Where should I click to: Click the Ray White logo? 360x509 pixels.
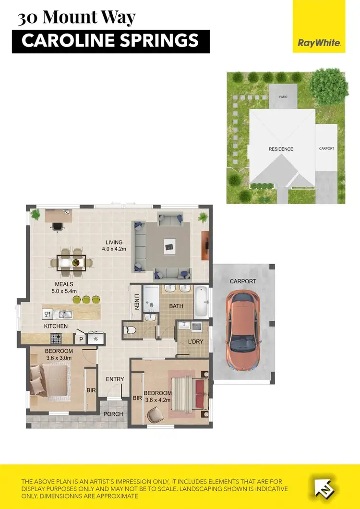[319, 43]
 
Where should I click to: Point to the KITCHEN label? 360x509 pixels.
[56, 326]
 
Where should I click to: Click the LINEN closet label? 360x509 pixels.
[137, 301]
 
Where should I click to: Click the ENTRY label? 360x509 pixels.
[115, 379]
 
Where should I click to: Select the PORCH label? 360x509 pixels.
[113, 413]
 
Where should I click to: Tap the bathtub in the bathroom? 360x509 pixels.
[201, 301]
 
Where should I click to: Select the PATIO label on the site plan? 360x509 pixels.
[283, 97]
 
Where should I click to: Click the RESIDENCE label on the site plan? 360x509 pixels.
[281, 149]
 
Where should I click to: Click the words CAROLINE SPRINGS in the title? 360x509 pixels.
[110, 41]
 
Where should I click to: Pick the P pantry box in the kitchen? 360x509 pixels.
[80, 339]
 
